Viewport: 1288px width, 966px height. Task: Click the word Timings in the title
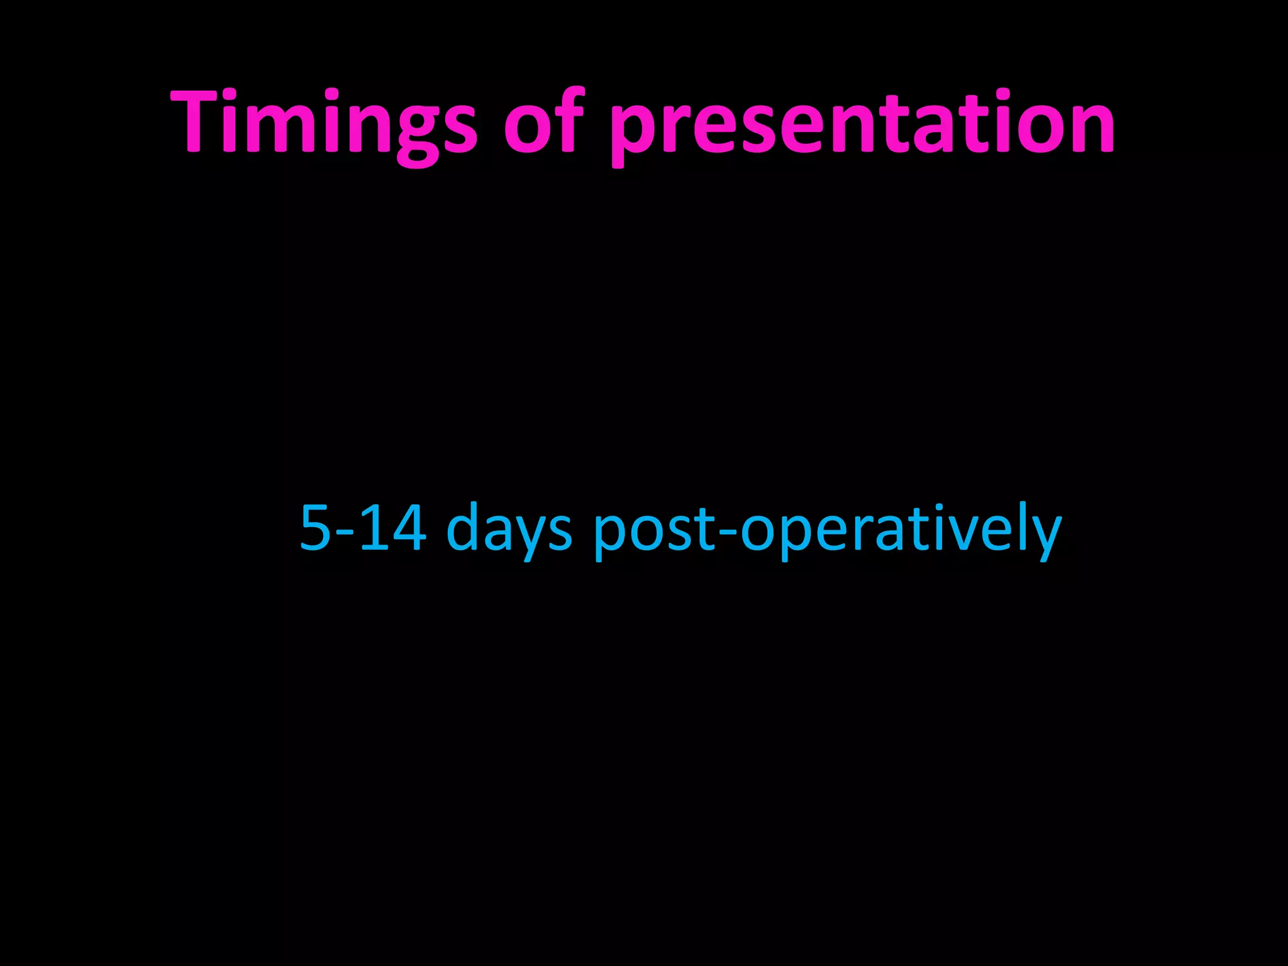coord(324,123)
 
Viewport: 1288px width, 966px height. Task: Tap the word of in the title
coord(545,123)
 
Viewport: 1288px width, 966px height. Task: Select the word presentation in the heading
coord(862,126)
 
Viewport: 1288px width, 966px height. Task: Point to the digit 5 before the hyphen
coord(316,528)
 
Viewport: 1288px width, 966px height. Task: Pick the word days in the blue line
coord(509,531)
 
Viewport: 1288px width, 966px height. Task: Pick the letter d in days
coord(464,528)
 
